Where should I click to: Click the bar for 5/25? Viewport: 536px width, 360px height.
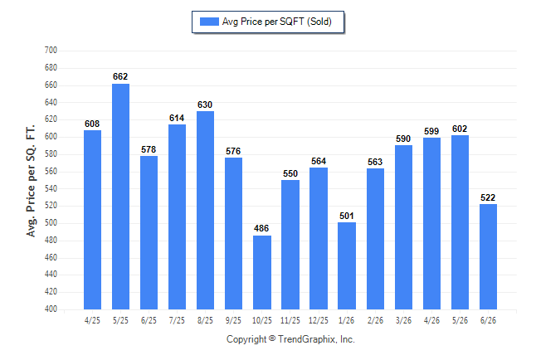click(x=120, y=197)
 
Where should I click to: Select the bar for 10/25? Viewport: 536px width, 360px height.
click(x=262, y=272)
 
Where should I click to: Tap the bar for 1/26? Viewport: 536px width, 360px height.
click(x=347, y=266)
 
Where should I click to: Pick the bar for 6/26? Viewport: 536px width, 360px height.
click(x=488, y=257)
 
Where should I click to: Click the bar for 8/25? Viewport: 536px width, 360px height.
click(x=206, y=210)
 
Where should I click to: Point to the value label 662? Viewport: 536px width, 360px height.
click(x=120, y=76)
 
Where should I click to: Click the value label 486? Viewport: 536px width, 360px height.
click(x=261, y=228)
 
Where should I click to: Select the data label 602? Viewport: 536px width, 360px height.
click(x=460, y=129)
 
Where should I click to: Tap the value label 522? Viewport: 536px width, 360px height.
click(x=488, y=197)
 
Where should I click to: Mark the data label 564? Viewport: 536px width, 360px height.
click(x=319, y=162)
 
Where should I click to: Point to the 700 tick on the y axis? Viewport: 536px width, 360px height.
click(x=51, y=51)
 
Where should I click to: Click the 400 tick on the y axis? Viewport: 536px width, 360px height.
click(x=51, y=309)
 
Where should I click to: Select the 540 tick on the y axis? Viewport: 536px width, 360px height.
click(x=51, y=188)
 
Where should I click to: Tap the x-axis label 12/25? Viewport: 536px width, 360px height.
click(x=319, y=321)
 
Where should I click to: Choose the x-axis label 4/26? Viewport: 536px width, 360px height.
click(x=431, y=321)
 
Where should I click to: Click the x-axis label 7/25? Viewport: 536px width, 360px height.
click(x=177, y=321)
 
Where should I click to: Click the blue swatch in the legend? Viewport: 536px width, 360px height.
click(x=209, y=22)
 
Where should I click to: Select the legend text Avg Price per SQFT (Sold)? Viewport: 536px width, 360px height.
click(x=277, y=22)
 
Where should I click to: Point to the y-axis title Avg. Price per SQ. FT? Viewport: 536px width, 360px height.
click(x=31, y=181)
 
